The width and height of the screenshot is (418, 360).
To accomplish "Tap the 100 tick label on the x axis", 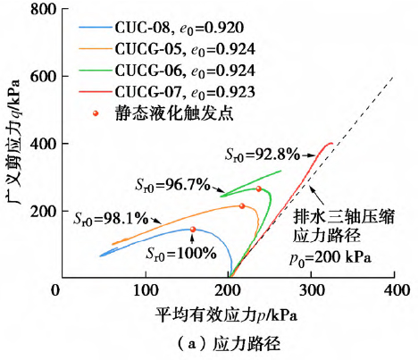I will [x=141, y=291].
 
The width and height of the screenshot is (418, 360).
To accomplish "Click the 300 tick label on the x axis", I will [x=311, y=291].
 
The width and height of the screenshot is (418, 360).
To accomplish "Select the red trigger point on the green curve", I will [x=259, y=188].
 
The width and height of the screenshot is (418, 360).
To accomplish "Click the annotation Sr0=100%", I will [x=182, y=253].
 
